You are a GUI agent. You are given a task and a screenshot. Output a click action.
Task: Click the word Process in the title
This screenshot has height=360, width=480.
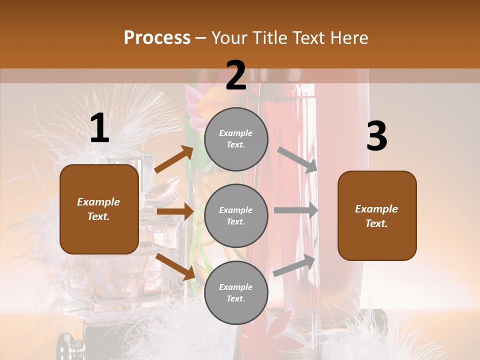point(157,37)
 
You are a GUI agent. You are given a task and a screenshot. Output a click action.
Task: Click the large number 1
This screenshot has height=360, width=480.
point(99,128)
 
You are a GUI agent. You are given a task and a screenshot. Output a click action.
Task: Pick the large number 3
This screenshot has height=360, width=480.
point(376,136)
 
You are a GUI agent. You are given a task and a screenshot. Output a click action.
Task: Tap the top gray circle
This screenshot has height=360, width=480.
point(236,139)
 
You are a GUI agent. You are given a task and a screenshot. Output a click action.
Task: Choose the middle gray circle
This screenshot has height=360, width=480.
point(236,215)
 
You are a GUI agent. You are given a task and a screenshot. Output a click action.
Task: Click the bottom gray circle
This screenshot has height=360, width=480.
point(236,292)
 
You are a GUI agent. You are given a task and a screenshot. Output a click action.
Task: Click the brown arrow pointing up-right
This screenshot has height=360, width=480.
point(174,159)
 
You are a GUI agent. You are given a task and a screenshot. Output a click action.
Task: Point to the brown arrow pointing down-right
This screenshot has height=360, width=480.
point(175,266)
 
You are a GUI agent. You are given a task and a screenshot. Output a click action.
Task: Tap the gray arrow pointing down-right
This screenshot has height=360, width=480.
point(298,160)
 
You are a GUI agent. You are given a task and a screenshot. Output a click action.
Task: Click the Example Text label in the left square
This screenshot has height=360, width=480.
point(98,209)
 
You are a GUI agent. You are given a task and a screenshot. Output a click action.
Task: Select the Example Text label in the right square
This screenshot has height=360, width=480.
point(376,216)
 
